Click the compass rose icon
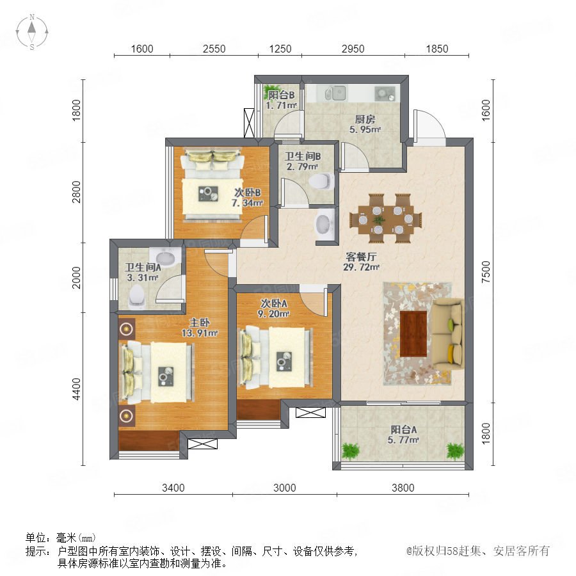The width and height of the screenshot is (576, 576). tap(32, 32)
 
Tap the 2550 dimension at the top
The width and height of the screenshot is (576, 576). tap(214, 49)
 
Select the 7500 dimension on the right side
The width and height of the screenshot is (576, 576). tap(486, 271)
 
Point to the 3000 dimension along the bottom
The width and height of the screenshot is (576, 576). tap(285, 488)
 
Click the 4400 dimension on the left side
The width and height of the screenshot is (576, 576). tap(76, 389)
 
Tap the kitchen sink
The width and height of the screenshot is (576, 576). tap(335, 93)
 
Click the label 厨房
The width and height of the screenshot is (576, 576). tap(365, 120)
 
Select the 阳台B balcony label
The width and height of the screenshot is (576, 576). tap(281, 95)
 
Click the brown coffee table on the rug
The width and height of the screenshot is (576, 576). tap(413, 333)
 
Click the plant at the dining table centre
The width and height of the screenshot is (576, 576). tap(378, 220)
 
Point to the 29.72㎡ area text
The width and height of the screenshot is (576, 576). tap(362, 267)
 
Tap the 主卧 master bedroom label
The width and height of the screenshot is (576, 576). tap(200, 323)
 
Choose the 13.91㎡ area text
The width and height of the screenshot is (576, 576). tap(200, 333)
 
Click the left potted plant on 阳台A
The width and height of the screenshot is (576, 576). tap(351, 451)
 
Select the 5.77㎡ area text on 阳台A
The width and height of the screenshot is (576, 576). tap(403, 440)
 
